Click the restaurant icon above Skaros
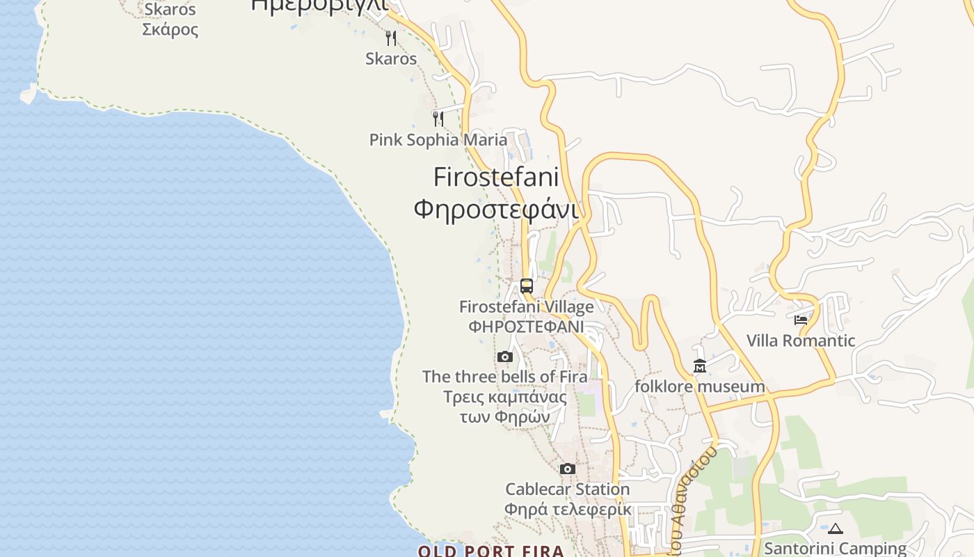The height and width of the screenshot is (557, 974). click(391, 38)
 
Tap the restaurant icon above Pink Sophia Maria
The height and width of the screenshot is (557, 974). click(438, 119)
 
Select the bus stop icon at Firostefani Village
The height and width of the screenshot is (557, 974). click(527, 285)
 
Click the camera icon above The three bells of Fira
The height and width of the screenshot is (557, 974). click(505, 357)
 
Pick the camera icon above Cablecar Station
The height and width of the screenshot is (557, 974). click(568, 469)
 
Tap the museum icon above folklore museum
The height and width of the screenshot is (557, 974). click(699, 366)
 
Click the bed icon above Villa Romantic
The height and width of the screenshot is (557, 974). click(801, 320)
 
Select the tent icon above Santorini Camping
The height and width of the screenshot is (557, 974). click(836, 528)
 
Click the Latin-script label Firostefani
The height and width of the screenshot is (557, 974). click(496, 177)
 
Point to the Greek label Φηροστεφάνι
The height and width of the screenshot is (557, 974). click(496, 208)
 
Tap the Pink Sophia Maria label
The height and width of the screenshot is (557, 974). click(438, 140)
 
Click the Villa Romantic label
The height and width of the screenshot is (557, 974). click(801, 340)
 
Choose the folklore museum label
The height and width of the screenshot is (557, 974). click(699, 386)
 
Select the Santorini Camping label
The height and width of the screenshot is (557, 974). click(835, 549)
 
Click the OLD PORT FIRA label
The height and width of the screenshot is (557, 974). click(491, 551)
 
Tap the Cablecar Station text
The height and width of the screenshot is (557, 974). click(568, 489)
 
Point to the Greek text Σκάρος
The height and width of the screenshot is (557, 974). click(170, 29)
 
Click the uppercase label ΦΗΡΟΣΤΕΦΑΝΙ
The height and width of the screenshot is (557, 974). click(526, 327)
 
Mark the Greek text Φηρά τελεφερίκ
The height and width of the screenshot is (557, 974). click(568, 510)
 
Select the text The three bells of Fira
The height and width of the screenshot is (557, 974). click(505, 377)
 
